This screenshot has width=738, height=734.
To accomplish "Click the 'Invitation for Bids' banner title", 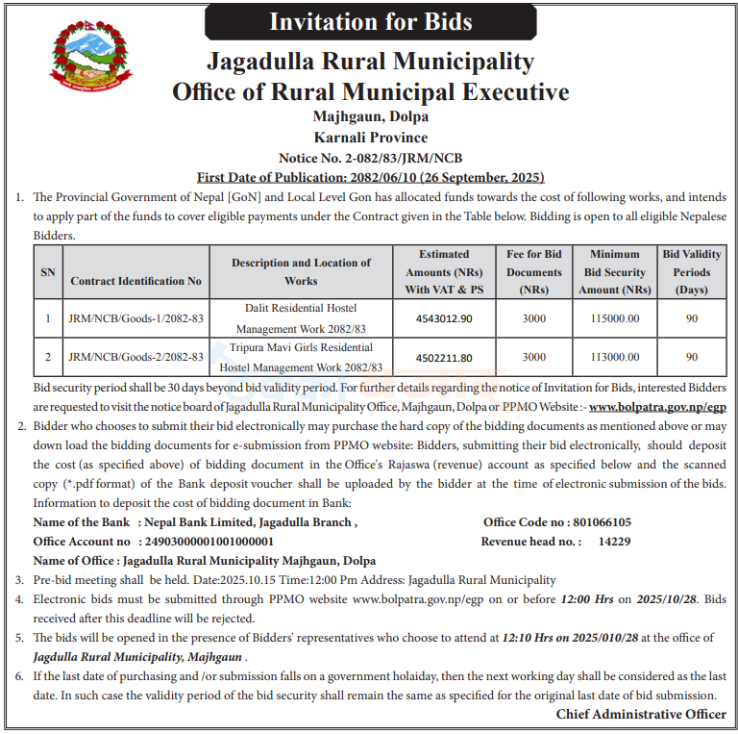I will coord(371,22).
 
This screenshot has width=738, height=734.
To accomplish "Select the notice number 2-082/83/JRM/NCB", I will coord(370,158).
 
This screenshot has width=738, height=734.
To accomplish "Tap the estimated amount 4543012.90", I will coord(444,317).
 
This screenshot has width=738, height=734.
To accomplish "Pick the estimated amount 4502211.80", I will coord(444,357).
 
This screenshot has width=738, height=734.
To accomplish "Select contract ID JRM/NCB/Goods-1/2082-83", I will coord(135,317).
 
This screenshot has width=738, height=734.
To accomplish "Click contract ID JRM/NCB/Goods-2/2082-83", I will coord(135,357).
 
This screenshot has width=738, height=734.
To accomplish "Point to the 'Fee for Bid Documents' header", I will coord(533,271).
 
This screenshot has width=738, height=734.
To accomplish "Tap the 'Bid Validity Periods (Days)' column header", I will coord(692,271).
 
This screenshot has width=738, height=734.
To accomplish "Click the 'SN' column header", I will coord(47,272).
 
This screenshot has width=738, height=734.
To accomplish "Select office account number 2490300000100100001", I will coord(209,542).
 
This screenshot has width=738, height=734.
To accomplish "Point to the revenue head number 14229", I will coord(614,542).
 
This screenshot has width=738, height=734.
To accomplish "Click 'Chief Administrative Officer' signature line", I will coord(641,714).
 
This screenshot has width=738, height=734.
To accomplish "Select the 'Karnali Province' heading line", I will coord(370,138).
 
